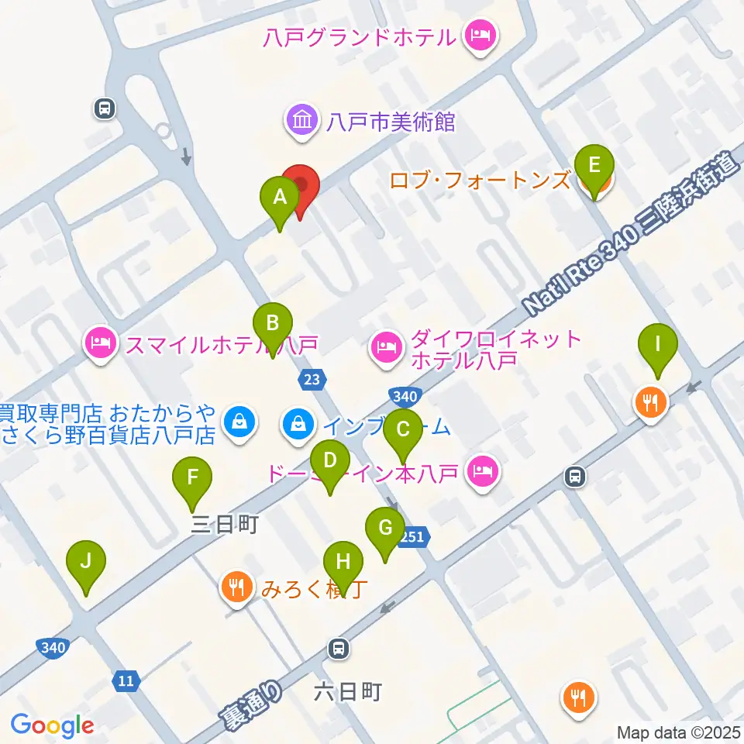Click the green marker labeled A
[x=280, y=198]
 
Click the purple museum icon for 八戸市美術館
[x=301, y=122]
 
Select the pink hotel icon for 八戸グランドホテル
[x=480, y=36]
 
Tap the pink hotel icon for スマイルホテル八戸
[x=101, y=342]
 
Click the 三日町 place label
[x=224, y=525]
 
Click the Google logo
[x=52, y=725]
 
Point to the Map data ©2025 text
[x=679, y=732]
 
